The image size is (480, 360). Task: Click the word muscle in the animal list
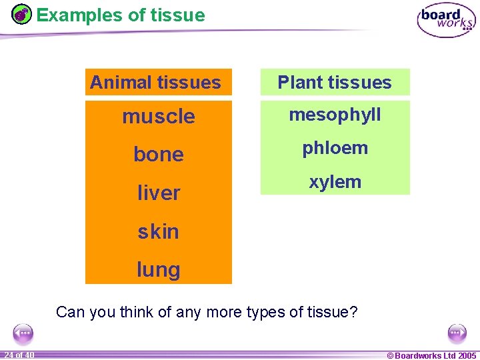159,117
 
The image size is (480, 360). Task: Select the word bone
159,155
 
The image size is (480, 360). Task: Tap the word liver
159,193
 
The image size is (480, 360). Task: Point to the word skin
159,231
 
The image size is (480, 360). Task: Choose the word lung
159,270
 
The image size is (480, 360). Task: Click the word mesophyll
335,115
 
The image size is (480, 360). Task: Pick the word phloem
335,148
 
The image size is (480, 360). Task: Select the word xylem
335,181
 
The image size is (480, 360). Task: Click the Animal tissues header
155,83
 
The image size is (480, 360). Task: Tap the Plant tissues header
335,83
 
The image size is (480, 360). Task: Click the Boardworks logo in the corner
446,21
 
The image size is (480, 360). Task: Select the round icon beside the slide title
22,14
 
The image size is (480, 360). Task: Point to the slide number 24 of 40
19,355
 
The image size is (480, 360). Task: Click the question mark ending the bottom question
353,312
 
